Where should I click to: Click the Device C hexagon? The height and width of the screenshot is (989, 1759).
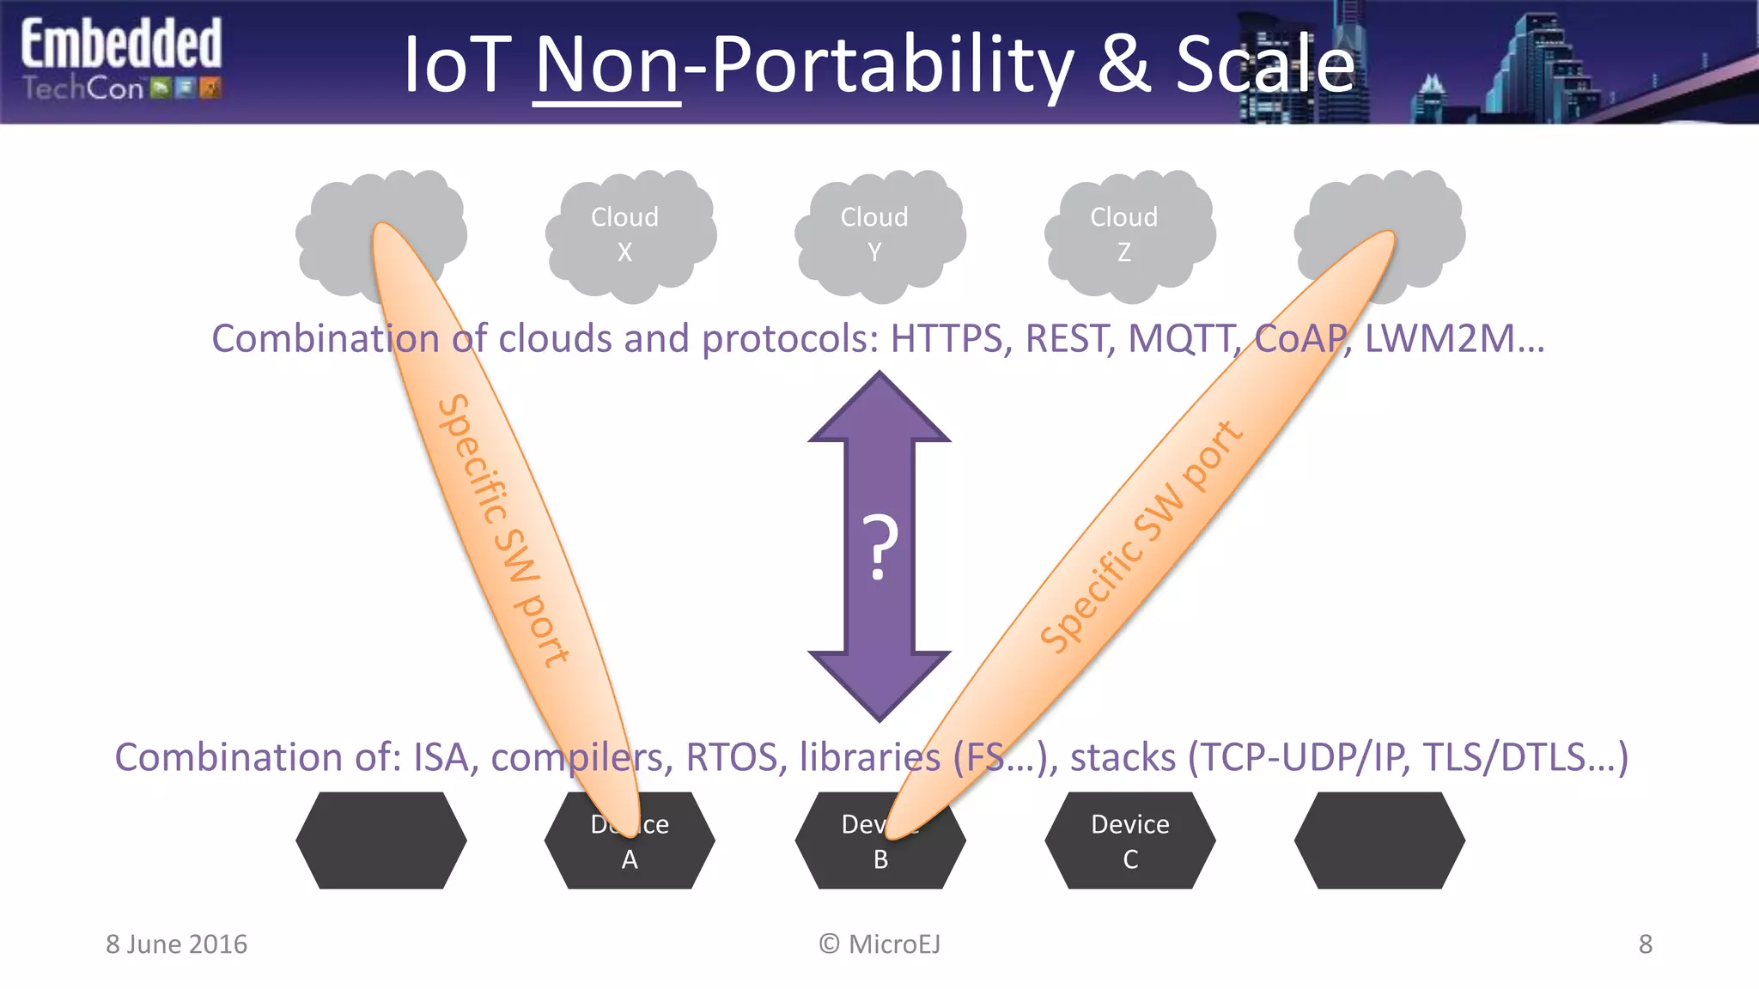pyautogui.click(x=1129, y=840)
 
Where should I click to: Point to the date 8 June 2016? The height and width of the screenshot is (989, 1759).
pyautogui.click(x=176, y=944)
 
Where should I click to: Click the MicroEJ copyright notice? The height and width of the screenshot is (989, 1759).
pyautogui.click(x=879, y=944)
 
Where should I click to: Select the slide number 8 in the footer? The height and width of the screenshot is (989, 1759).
pyautogui.click(x=1645, y=944)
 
